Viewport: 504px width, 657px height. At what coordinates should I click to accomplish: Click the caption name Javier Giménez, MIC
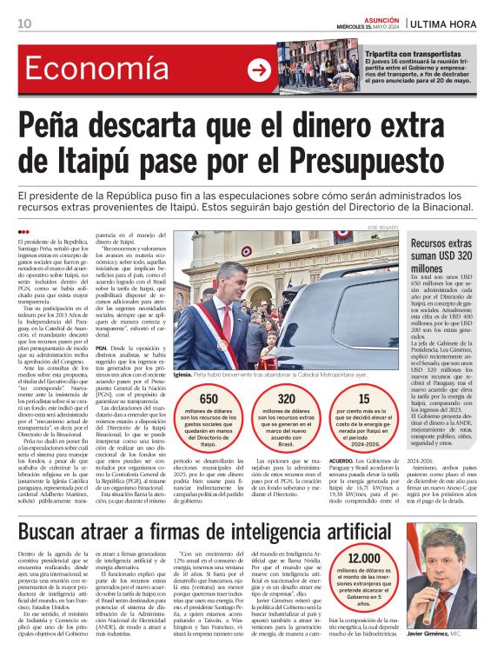tap(448, 635)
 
